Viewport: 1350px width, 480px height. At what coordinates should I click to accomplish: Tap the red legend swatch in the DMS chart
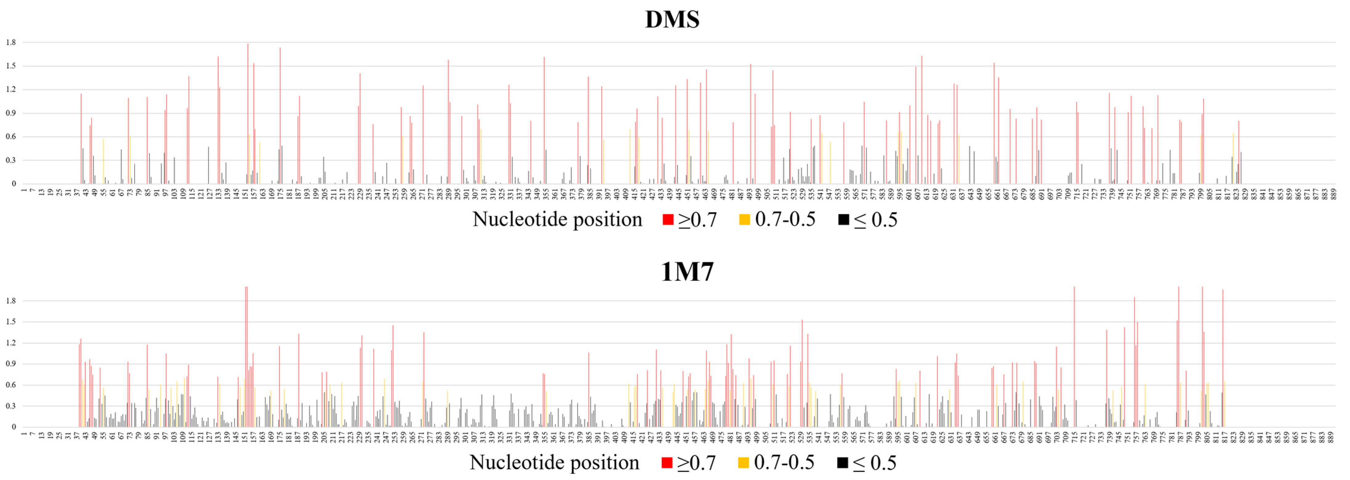[x=668, y=220]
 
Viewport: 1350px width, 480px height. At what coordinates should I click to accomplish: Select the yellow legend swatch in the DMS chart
[x=744, y=220]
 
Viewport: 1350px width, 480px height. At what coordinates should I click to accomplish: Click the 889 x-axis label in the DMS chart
[x=1333, y=194]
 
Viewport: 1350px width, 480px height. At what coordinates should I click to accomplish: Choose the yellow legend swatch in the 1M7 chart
[x=743, y=463]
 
